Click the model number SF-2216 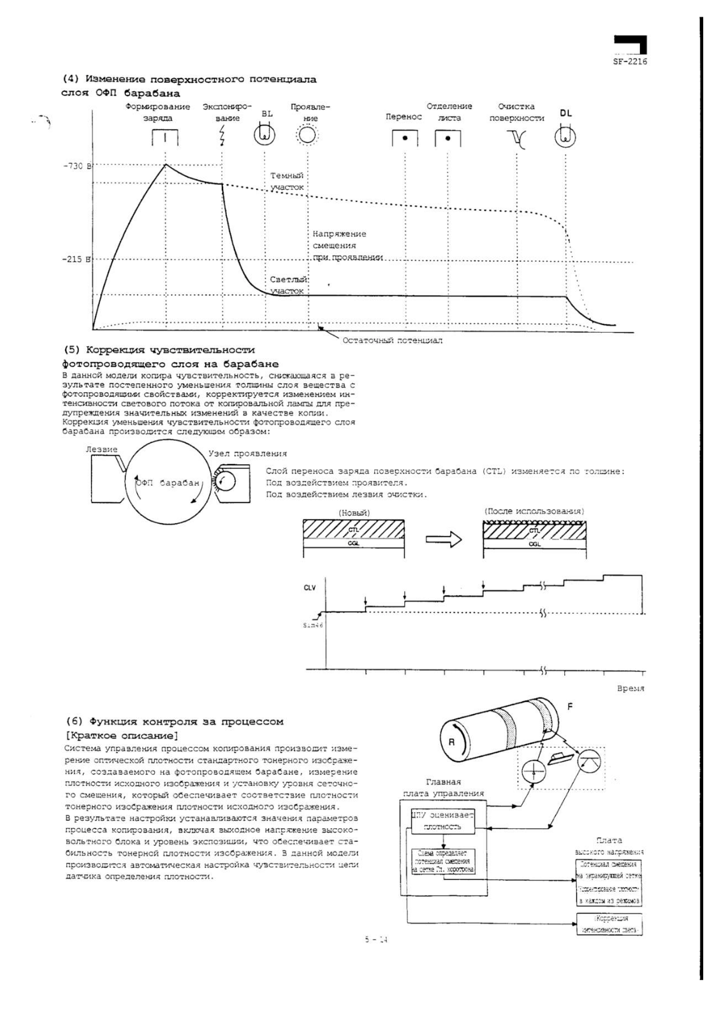630,62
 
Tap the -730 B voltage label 77,166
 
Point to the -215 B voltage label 77,260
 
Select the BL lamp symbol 265,135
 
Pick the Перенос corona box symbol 405,138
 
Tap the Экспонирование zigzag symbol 222,135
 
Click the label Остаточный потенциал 392,340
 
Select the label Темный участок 287,181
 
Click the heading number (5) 72,350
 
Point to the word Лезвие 101,449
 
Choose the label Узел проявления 247,454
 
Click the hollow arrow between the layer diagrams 444,539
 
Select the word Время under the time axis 630,688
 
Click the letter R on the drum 451,741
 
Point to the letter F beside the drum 570,707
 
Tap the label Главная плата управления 443,787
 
